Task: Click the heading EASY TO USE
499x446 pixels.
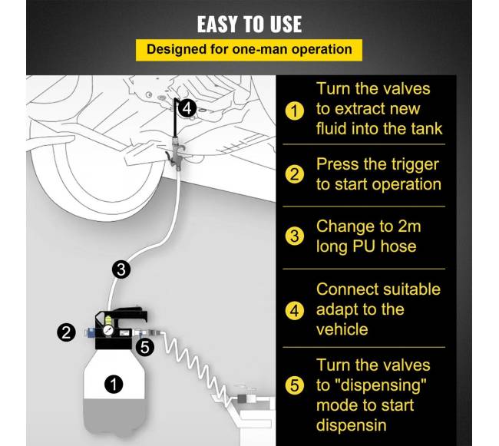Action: pyautogui.click(x=249, y=24)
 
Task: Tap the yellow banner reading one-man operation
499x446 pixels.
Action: pyautogui.click(x=249, y=50)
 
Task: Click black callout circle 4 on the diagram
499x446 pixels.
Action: pyautogui.click(x=187, y=108)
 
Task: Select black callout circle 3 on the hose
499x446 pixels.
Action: pyautogui.click(x=121, y=269)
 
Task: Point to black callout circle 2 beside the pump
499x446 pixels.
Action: pyautogui.click(x=66, y=332)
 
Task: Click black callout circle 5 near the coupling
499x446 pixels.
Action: pyautogui.click(x=145, y=347)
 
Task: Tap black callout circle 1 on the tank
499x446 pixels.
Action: pyautogui.click(x=114, y=385)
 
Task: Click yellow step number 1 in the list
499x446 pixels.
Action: pyautogui.click(x=294, y=111)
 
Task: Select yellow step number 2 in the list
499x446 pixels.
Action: pyautogui.click(x=294, y=174)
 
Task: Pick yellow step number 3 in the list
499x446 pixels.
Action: pyautogui.click(x=294, y=236)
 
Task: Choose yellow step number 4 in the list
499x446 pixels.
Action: pyautogui.click(x=294, y=310)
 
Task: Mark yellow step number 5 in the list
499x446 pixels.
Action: pyautogui.click(x=294, y=385)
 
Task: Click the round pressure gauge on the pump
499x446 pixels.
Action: pyautogui.click(x=108, y=330)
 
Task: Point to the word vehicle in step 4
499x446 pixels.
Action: pyautogui.click(x=342, y=329)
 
